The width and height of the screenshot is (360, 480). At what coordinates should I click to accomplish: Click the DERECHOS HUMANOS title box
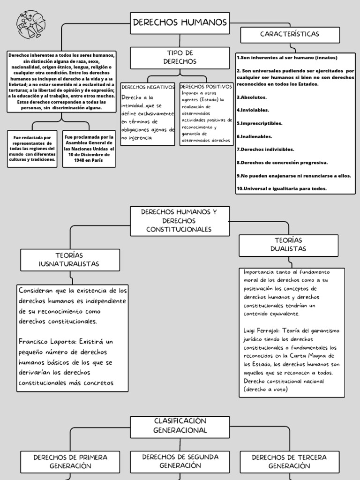[x=180, y=22]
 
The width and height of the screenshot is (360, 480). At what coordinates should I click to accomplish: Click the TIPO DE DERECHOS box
[x=180, y=57]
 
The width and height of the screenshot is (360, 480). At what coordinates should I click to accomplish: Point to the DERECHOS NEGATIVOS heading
[x=148, y=87]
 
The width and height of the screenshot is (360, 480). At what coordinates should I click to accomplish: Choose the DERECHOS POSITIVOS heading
[x=206, y=87]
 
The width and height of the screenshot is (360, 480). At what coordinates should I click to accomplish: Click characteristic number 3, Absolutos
[x=252, y=97]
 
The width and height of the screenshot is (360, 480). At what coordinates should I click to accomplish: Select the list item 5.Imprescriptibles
[x=259, y=123]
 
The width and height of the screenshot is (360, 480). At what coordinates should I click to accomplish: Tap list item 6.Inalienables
[x=255, y=136]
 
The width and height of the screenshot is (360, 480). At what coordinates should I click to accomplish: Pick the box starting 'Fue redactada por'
[x=32, y=149]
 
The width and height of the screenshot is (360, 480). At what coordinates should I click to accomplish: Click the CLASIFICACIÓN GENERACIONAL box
[x=180, y=426]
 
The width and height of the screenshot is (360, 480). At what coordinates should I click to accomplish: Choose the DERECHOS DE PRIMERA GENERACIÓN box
[x=70, y=461]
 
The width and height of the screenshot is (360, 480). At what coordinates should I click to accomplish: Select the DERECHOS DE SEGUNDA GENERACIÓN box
[x=180, y=461]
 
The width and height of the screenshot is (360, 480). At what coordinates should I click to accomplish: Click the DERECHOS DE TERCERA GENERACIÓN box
[x=289, y=461]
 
